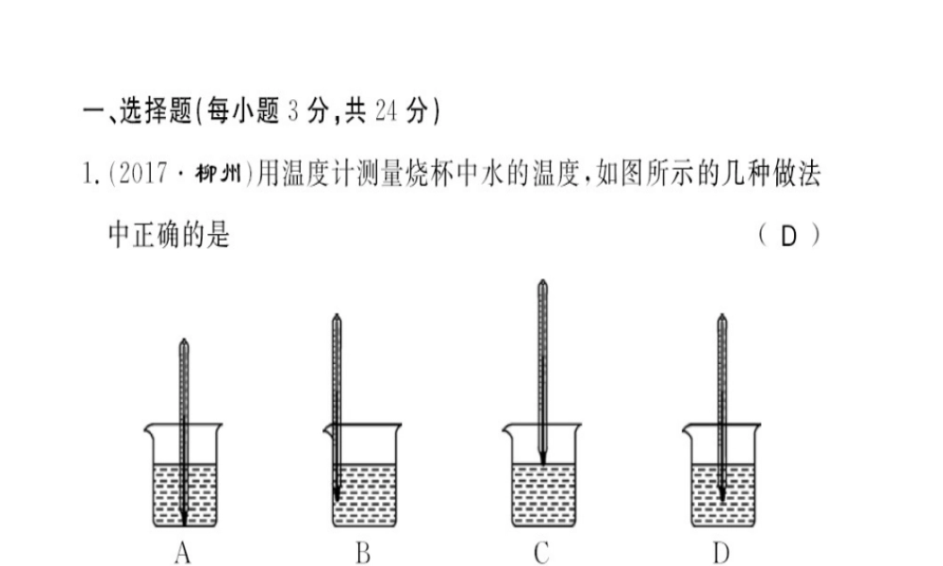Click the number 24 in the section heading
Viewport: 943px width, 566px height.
384,112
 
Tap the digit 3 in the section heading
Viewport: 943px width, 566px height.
291,112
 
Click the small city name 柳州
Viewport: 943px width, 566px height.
219,176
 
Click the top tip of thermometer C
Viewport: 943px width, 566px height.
542,282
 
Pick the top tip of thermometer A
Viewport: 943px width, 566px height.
183,341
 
